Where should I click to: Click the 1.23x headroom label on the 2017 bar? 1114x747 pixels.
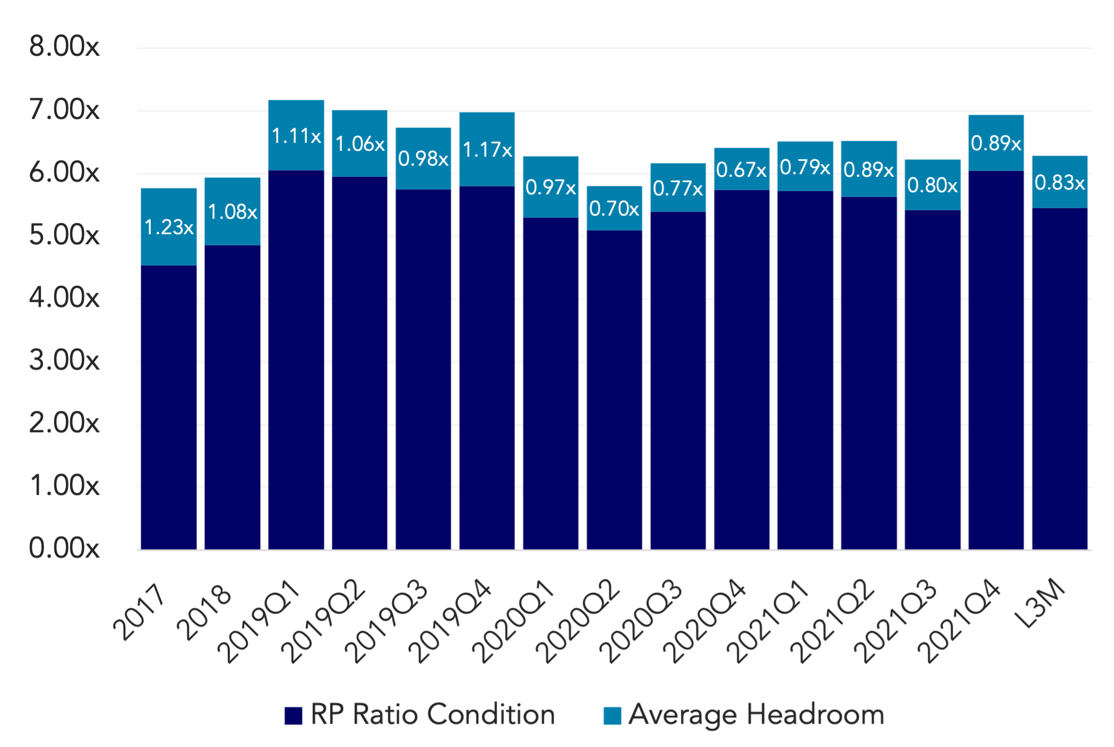pyautogui.click(x=169, y=227)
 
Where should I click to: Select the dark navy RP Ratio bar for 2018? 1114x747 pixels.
pyautogui.click(x=232, y=397)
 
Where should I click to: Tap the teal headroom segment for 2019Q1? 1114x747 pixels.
pyautogui.click(x=296, y=135)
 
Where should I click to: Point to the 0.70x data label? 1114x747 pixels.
pyautogui.click(x=614, y=209)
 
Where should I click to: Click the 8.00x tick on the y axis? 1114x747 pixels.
pyautogui.click(x=64, y=46)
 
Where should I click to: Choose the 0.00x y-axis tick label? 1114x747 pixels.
pyautogui.click(x=64, y=548)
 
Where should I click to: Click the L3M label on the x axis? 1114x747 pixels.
pyautogui.click(x=1039, y=603)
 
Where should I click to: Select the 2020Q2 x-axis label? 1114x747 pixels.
pyautogui.click(x=577, y=621)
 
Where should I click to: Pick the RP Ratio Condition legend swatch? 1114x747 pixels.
pyautogui.click(x=293, y=715)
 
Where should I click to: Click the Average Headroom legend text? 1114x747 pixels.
pyautogui.click(x=756, y=715)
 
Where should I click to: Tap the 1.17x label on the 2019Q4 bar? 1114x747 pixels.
pyautogui.click(x=487, y=150)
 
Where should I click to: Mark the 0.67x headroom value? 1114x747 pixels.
pyautogui.click(x=741, y=170)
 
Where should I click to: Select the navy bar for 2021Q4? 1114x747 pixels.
pyautogui.click(x=996, y=360)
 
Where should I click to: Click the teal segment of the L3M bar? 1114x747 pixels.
pyautogui.click(x=1060, y=182)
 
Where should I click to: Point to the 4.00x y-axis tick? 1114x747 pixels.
pyautogui.click(x=64, y=297)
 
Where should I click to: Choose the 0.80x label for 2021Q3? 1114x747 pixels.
pyautogui.click(x=932, y=185)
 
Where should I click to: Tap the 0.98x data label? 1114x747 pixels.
pyautogui.click(x=424, y=159)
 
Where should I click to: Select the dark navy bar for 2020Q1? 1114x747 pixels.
pyautogui.click(x=551, y=383)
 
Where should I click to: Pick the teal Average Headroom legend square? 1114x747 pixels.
pyautogui.click(x=612, y=715)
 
